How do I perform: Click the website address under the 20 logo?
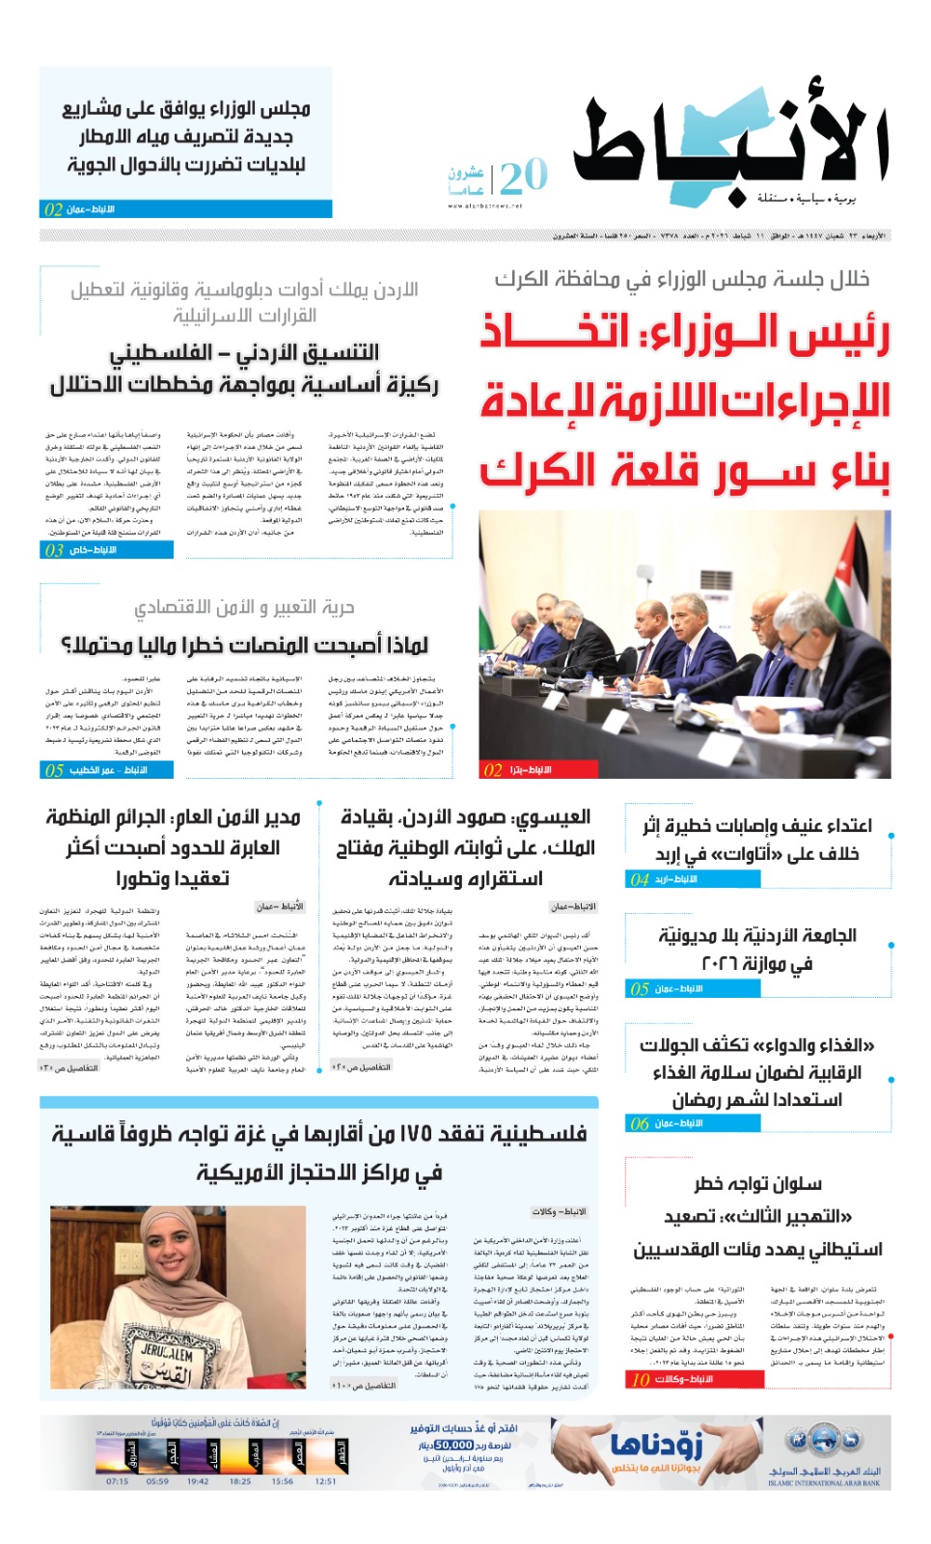(x=484, y=206)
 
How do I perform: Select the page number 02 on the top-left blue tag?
(x=53, y=209)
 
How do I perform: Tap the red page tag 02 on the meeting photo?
(x=493, y=770)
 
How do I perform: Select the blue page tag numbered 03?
(x=54, y=550)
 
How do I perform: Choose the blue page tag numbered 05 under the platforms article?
(x=54, y=770)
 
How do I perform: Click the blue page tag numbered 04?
(x=640, y=879)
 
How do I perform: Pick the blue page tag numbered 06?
(x=640, y=1123)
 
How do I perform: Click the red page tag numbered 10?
(x=641, y=1379)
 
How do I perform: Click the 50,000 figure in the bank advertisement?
(x=454, y=1445)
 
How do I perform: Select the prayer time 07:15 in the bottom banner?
(x=117, y=1481)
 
